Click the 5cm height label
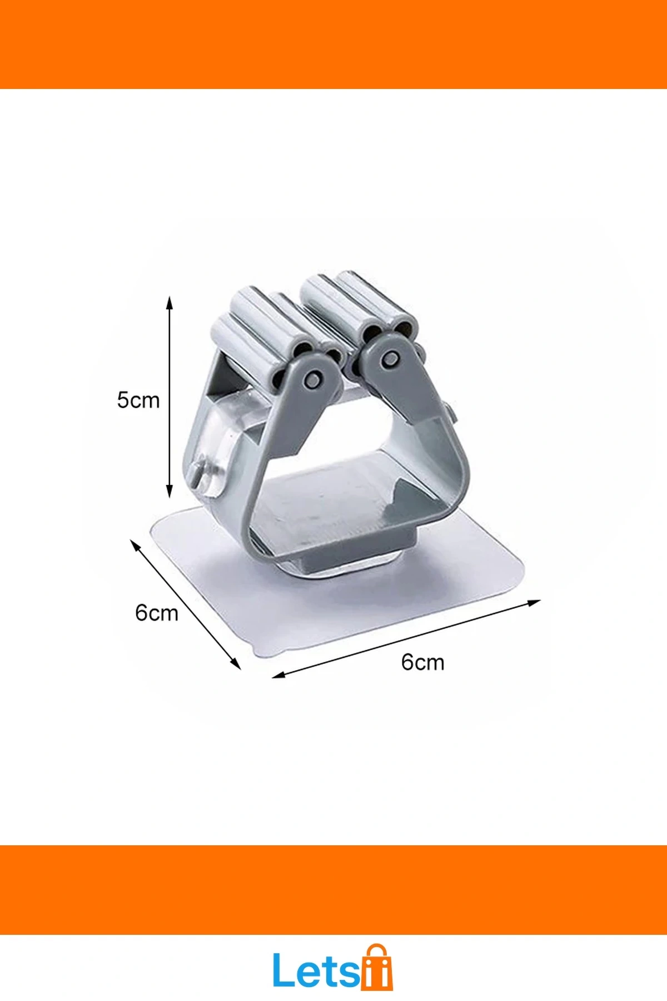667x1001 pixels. click(x=138, y=400)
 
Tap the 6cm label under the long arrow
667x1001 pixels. click(x=422, y=662)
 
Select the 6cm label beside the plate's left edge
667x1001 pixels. click(x=156, y=613)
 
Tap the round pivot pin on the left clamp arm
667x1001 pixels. click(x=313, y=379)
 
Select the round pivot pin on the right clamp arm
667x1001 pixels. click(x=390, y=360)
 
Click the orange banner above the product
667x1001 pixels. click(x=333, y=44)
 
